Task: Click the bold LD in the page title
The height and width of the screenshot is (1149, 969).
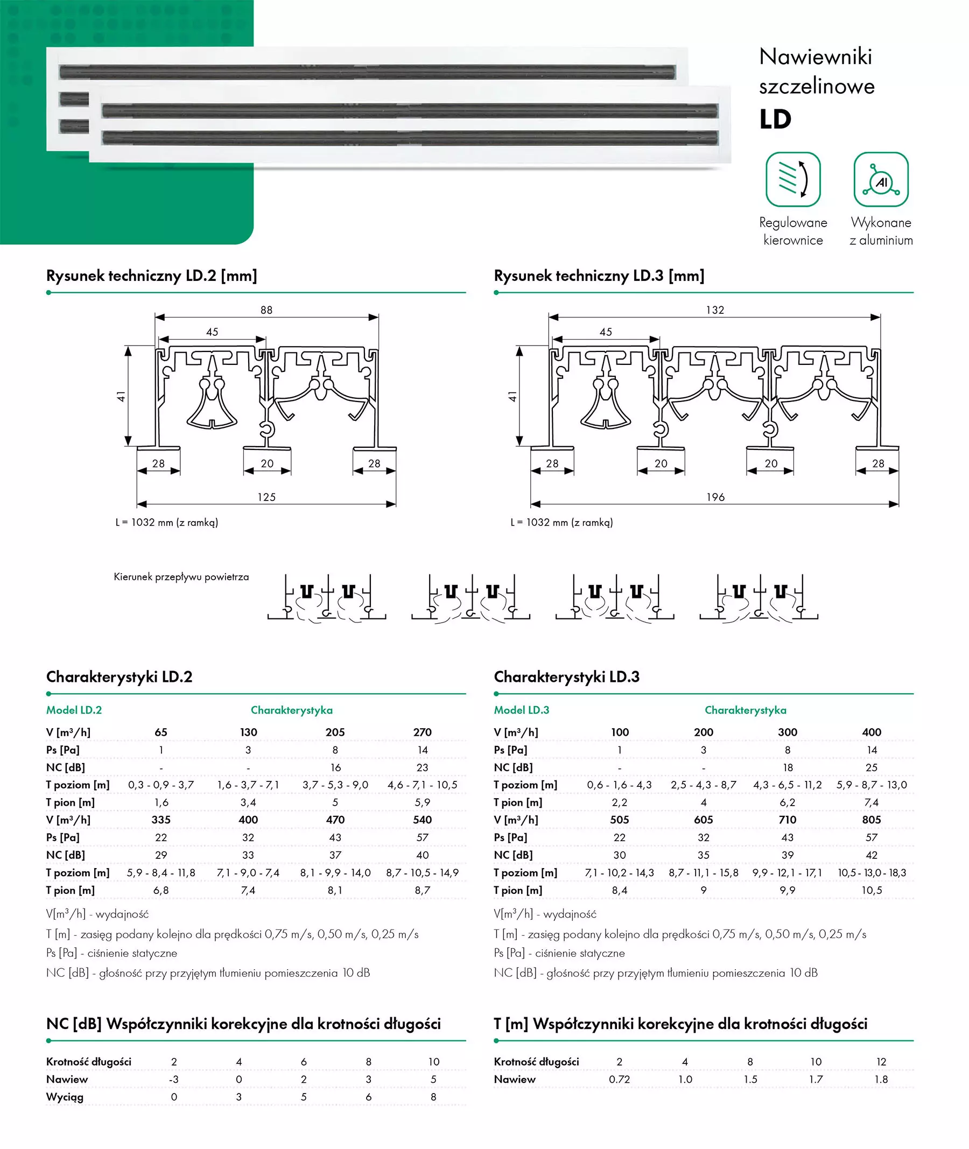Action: pyautogui.click(x=775, y=119)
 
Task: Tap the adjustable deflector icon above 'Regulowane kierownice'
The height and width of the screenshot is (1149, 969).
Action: pyautogui.click(x=792, y=179)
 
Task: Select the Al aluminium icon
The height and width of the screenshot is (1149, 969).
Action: pyautogui.click(x=881, y=179)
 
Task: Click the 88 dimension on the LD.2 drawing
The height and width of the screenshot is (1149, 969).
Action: pyautogui.click(x=266, y=311)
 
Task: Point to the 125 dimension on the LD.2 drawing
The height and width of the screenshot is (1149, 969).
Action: pyautogui.click(x=266, y=497)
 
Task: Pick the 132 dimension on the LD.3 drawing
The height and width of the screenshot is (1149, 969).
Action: pyautogui.click(x=715, y=311)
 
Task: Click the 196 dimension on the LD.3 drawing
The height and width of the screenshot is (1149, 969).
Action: pyautogui.click(x=715, y=497)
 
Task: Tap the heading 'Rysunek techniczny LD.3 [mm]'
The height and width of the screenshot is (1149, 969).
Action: pyautogui.click(x=599, y=276)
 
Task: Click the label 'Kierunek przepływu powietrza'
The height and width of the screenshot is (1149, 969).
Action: pyautogui.click(x=181, y=577)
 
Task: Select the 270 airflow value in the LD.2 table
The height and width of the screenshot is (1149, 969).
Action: pyautogui.click(x=423, y=732)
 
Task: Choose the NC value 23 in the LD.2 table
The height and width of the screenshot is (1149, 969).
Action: pyautogui.click(x=423, y=767)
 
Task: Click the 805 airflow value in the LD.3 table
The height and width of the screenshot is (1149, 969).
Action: pyautogui.click(x=871, y=820)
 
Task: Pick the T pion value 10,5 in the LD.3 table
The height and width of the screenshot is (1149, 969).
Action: pyautogui.click(x=871, y=890)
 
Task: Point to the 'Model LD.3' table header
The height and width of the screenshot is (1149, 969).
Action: pyautogui.click(x=521, y=710)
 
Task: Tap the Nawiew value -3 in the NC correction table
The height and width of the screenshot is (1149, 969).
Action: pyautogui.click(x=173, y=1079)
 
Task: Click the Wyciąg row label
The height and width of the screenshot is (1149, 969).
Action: pyautogui.click(x=65, y=1097)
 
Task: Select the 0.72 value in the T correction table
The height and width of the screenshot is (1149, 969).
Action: pyautogui.click(x=619, y=1079)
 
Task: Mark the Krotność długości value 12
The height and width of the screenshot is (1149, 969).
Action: pyautogui.click(x=881, y=1062)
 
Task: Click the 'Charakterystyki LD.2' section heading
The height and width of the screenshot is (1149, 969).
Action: pyautogui.click(x=119, y=676)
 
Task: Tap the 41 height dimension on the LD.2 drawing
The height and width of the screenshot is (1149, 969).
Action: pyautogui.click(x=121, y=396)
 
